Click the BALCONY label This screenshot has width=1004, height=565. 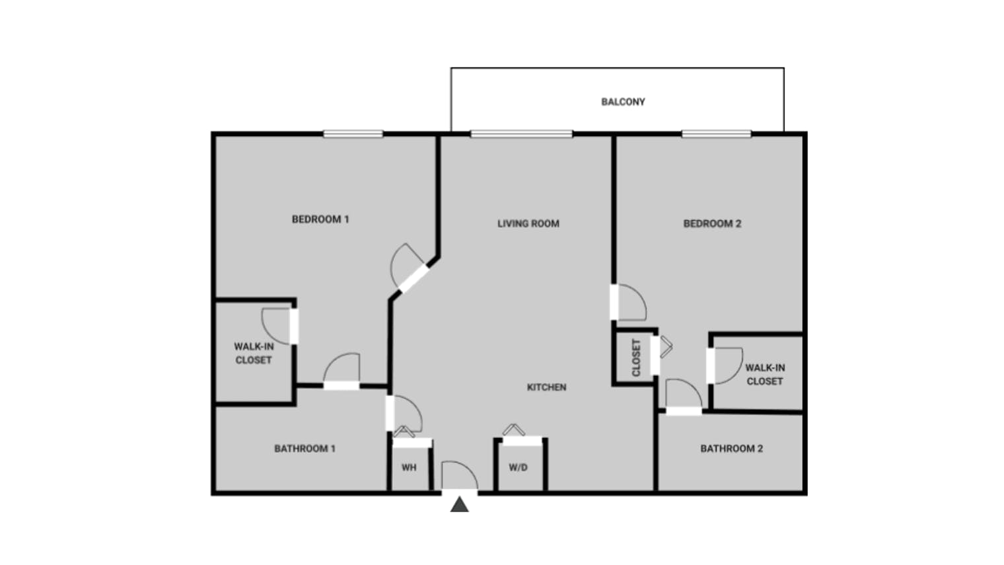(x=623, y=102)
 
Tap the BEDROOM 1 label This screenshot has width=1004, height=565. (x=320, y=219)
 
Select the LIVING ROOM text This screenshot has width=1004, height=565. (x=528, y=224)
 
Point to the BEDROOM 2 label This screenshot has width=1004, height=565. (x=712, y=224)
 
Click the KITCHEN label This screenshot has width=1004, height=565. (x=546, y=387)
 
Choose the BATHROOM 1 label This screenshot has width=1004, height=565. (x=305, y=449)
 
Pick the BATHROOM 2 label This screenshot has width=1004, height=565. (x=731, y=449)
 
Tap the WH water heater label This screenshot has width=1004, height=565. (x=409, y=468)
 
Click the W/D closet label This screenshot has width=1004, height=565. (x=518, y=468)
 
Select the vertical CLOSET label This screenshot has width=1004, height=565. (x=636, y=358)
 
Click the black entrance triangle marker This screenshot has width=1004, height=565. (x=460, y=506)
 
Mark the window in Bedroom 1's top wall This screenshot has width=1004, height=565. (x=353, y=134)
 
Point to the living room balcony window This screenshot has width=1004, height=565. (x=521, y=134)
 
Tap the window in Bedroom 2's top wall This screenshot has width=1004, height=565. (x=716, y=134)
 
